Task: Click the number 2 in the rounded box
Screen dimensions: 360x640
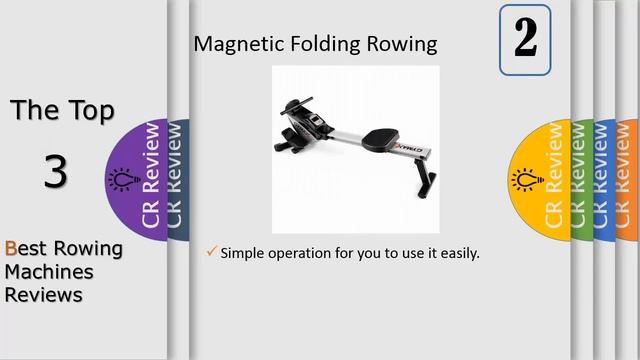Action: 525,39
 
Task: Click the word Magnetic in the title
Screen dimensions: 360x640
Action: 230,44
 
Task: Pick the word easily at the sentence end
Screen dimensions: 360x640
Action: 458,254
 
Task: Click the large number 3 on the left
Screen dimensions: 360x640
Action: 55,172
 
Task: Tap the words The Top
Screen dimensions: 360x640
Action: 62,110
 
